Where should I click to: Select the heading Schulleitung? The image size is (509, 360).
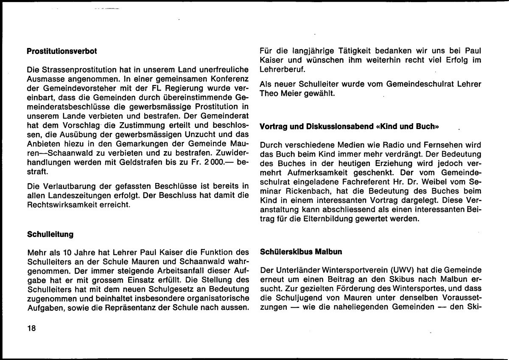(x=50, y=234)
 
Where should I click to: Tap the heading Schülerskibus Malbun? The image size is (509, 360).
(x=301, y=252)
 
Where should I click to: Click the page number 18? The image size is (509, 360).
(x=31, y=328)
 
